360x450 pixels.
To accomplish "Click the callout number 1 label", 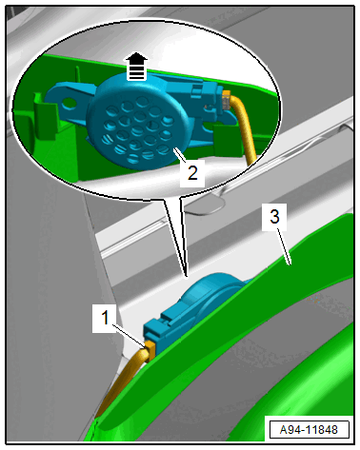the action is tap(105, 318).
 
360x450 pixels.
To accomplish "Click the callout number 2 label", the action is tap(192, 173).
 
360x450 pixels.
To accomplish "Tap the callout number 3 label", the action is tap(274, 217).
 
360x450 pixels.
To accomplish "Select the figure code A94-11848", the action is tap(309, 430).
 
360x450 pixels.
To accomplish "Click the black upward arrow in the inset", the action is tap(136, 66).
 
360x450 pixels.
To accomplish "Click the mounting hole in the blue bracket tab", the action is tap(70, 102).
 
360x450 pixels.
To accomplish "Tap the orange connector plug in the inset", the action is tap(226, 100).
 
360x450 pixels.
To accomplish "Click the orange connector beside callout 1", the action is tap(150, 349).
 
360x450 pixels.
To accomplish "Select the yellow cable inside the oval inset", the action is tap(246, 127).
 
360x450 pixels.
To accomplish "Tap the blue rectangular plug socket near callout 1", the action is tap(154, 332).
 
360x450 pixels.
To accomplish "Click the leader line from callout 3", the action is tap(284, 247).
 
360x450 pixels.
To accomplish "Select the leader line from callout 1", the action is tap(130, 335).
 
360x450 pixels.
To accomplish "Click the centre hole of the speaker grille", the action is tap(137, 130).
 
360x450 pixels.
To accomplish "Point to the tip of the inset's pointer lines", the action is tap(187, 277).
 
